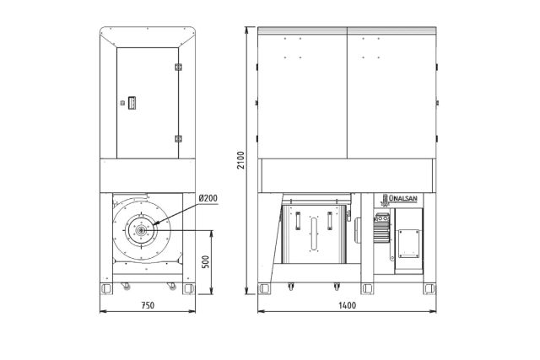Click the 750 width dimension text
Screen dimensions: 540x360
point(148,305)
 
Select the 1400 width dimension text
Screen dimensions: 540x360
point(347,305)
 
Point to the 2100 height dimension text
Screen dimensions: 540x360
point(240,160)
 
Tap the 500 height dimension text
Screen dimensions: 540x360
point(205,262)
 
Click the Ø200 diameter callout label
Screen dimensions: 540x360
point(208,198)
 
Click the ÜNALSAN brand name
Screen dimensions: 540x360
point(402,199)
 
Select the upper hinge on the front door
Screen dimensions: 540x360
point(178,67)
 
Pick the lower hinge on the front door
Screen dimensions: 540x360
point(178,139)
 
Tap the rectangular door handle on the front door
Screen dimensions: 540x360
point(132,103)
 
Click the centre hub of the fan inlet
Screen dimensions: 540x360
point(141,230)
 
